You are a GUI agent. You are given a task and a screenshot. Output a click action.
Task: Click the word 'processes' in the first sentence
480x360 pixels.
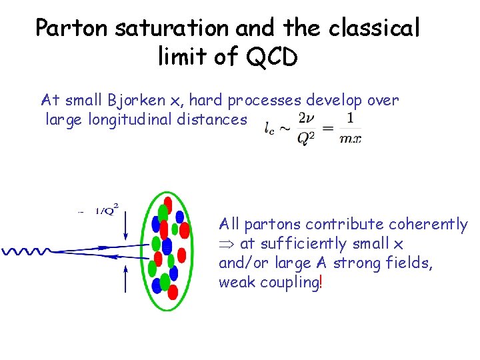[x=265, y=101]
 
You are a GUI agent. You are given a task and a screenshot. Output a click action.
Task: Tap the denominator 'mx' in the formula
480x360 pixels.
[x=351, y=138]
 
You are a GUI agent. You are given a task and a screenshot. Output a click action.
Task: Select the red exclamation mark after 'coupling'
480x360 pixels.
[x=321, y=282]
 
